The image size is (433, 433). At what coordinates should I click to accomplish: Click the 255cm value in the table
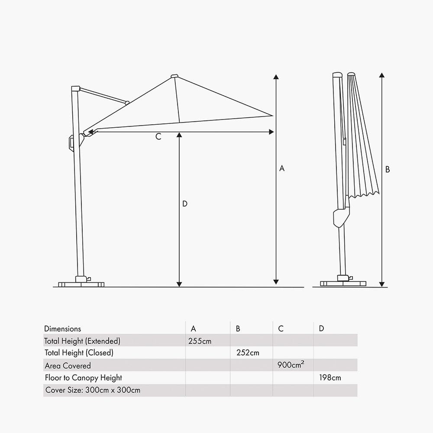tap(200, 341)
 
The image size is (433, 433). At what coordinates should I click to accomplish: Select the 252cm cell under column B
tap(248, 353)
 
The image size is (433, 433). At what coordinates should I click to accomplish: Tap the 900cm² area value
tap(291, 365)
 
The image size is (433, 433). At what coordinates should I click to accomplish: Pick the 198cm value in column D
tap(330, 378)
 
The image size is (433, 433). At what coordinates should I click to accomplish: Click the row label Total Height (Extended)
tap(82, 341)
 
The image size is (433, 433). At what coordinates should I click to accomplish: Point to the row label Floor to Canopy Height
tap(84, 378)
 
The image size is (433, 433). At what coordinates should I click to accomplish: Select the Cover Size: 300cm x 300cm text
tap(93, 391)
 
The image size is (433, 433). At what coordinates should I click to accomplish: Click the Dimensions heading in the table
tap(62, 329)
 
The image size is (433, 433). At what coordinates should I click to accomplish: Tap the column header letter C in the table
tap(281, 329)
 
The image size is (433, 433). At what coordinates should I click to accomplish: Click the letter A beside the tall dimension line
tap(282, 168)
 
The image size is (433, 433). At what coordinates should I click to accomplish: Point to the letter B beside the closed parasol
tap(388, 170)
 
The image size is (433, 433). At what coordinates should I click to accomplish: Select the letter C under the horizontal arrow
tap(158, 137)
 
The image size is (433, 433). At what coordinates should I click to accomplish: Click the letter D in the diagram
tap(185, 204)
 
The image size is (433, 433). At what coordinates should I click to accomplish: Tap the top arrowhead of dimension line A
tap(276, 78)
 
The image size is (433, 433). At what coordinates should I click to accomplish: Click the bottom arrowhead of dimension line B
tap(381, 284)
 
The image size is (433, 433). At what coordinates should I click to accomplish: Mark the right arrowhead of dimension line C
tap(271, 132)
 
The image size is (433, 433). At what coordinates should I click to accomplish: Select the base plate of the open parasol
tap(81, 284)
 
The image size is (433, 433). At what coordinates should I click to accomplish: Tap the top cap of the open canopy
tap(174, 77)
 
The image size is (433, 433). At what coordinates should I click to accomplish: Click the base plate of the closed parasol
tap(343, 284)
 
